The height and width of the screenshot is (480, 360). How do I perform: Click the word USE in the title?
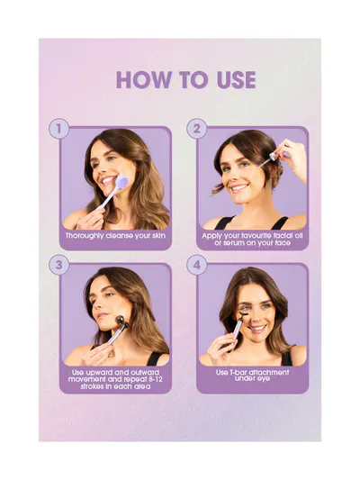click(236, 80)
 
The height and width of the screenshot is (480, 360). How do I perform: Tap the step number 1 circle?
click(58, 128)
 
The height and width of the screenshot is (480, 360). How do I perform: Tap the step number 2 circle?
click(196, 128)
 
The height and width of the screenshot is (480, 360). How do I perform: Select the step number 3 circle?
click(58, 265)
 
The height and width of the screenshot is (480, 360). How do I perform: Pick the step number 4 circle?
click(196, 265)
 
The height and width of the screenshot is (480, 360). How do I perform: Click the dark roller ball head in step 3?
click(121, 323)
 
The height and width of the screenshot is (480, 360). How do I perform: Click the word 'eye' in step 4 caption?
click(265, 379)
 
